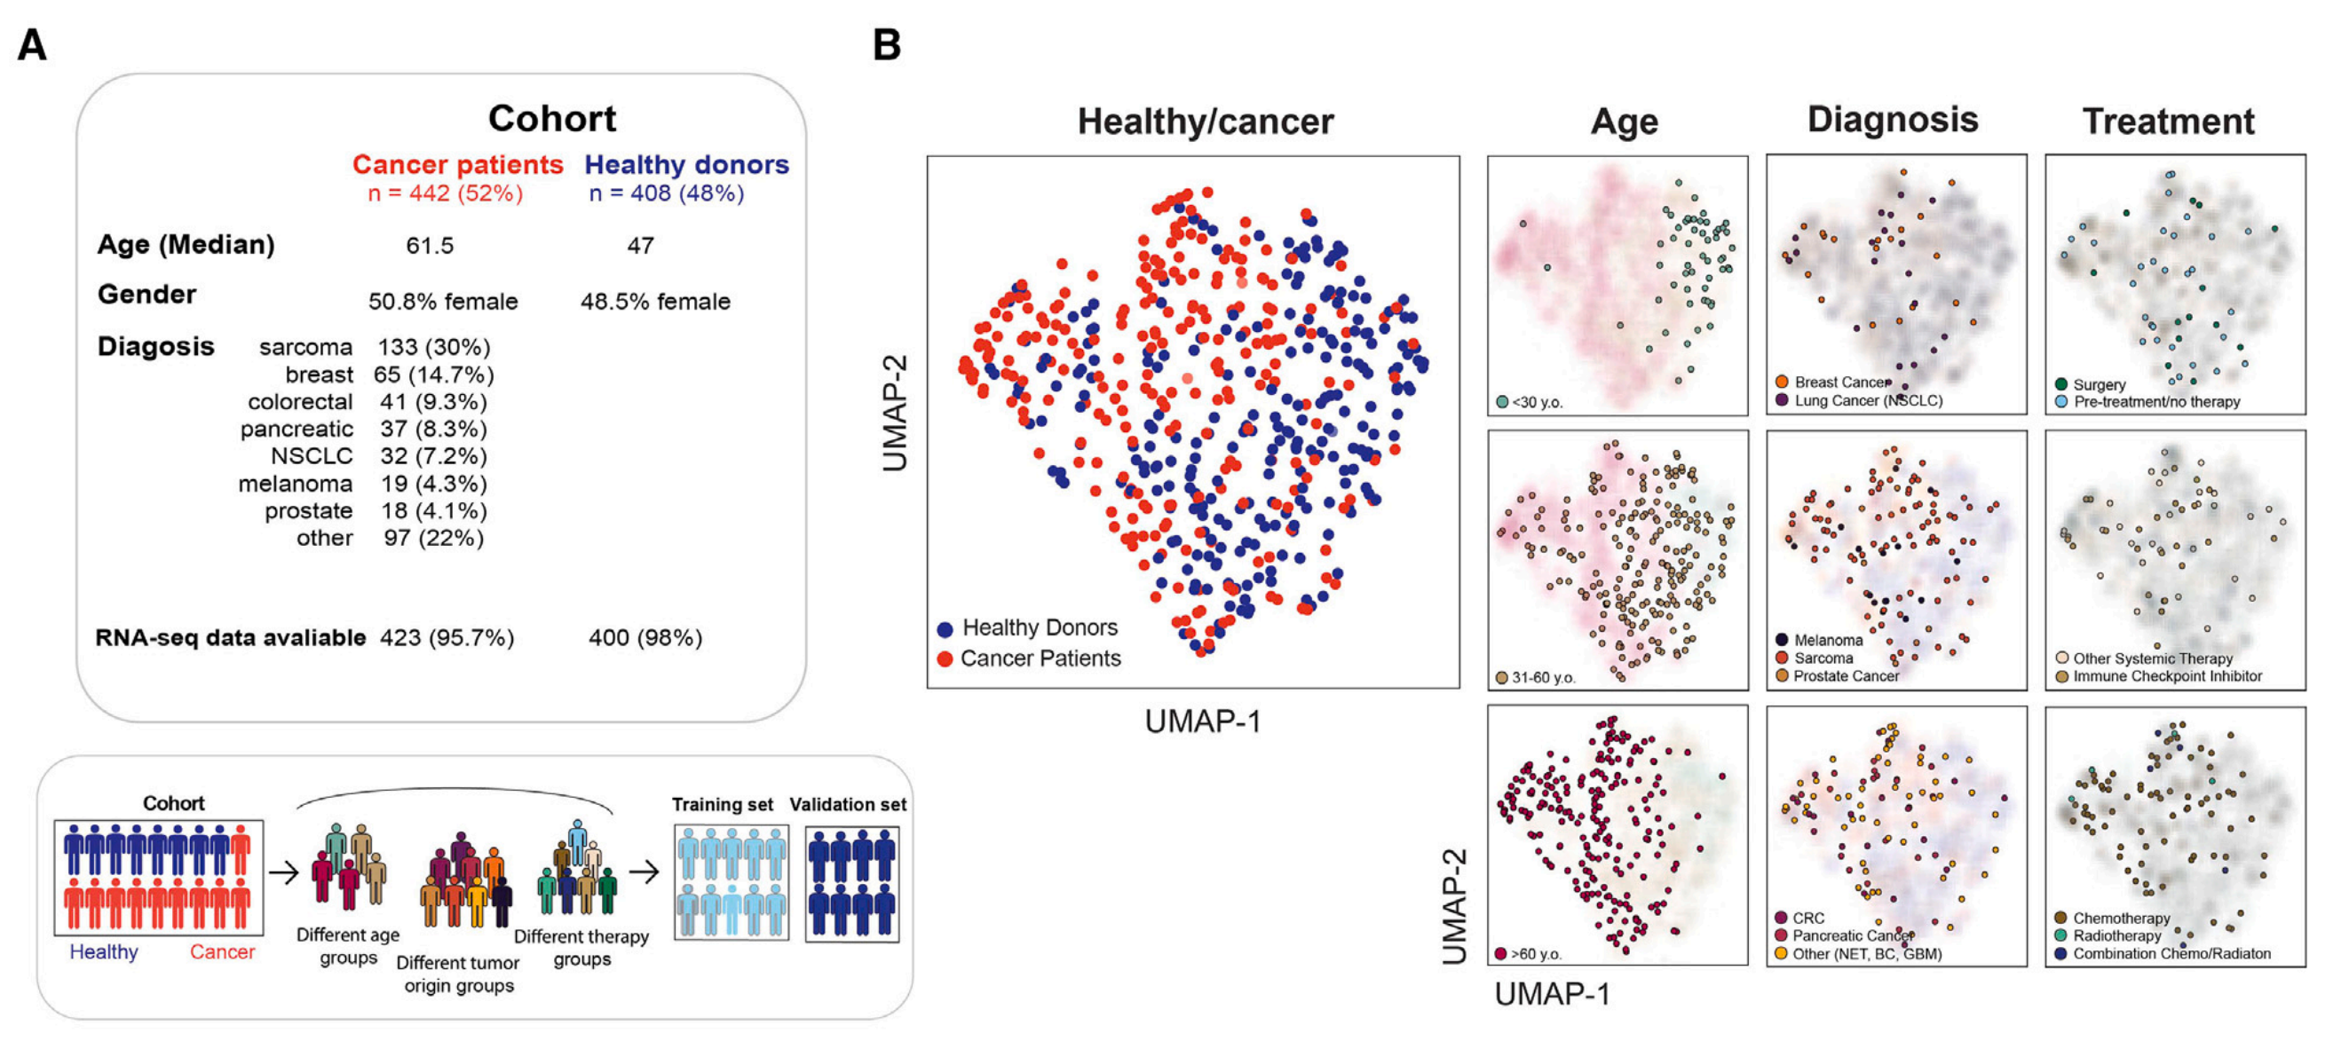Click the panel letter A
point(32,44)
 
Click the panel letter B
point(886,44)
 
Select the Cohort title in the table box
point(551,119)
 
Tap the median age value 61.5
point(430,246)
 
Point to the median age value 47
point(640,246)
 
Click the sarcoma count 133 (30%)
point(434,347)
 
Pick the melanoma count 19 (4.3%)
point(434,484)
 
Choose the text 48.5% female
point(655,302)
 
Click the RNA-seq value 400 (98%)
point(645,638)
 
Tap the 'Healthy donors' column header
point(686,165)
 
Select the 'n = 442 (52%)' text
point(445,193)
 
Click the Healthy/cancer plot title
point(1205,122)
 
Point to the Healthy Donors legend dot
point(945,629)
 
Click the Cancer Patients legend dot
point(945,659)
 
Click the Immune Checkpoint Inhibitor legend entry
point(2167,676)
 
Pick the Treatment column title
point(2168,122)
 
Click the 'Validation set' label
point(847,805)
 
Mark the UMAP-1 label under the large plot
point(1203,722)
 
